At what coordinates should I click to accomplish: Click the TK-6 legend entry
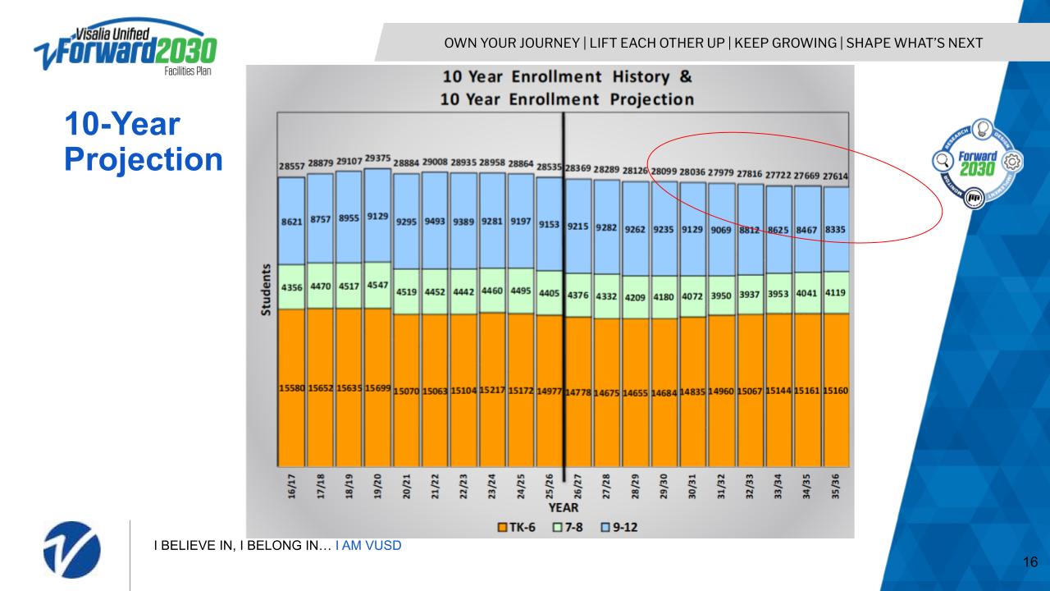[516, 526]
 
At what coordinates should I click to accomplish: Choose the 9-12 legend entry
[620, 526]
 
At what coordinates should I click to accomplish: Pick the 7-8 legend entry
[570, 526]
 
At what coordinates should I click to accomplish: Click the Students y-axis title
[267, 293]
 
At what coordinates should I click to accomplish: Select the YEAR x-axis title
[563, 507]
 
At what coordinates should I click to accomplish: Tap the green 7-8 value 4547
[377, 286]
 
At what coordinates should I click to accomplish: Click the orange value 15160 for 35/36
[836, 391]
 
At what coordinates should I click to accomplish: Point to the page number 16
[1031, 562]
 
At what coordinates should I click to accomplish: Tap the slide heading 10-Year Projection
[143, 143]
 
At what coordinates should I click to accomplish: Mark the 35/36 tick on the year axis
[836, 486]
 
